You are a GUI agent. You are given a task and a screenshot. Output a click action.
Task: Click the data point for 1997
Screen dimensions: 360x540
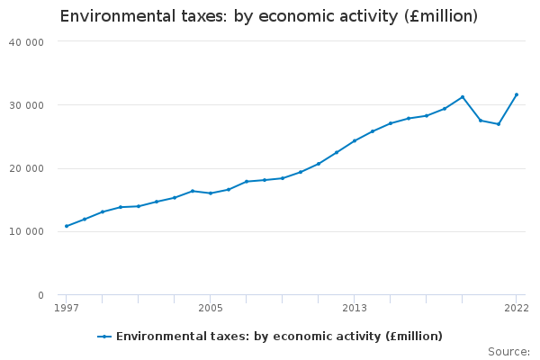[67, 226]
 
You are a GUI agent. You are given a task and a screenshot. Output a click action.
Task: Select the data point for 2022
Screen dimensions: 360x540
[517, 94]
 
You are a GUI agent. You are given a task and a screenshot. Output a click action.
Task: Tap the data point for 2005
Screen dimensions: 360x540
[211, 193]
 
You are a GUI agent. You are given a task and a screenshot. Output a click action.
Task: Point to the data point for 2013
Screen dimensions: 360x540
[355, 140]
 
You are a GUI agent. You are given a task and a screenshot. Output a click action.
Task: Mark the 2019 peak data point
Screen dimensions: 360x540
[463, 97]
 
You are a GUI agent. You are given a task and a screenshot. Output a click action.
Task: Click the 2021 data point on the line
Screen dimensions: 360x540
[499, 124]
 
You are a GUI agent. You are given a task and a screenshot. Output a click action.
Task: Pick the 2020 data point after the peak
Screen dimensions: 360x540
[481, 121]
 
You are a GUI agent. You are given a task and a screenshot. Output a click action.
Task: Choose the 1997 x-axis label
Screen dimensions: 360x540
[67, 309]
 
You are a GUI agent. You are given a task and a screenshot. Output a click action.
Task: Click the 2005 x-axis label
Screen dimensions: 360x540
[211, 309]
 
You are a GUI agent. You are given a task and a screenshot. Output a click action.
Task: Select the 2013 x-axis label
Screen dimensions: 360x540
[355, 309]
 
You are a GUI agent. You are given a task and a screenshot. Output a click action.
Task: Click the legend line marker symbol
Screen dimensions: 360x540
[104, 337]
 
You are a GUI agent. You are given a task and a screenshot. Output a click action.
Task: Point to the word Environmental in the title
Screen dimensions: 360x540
[111, 17]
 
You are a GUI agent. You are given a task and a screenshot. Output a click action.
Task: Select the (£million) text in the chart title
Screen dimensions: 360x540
[429, 17]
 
